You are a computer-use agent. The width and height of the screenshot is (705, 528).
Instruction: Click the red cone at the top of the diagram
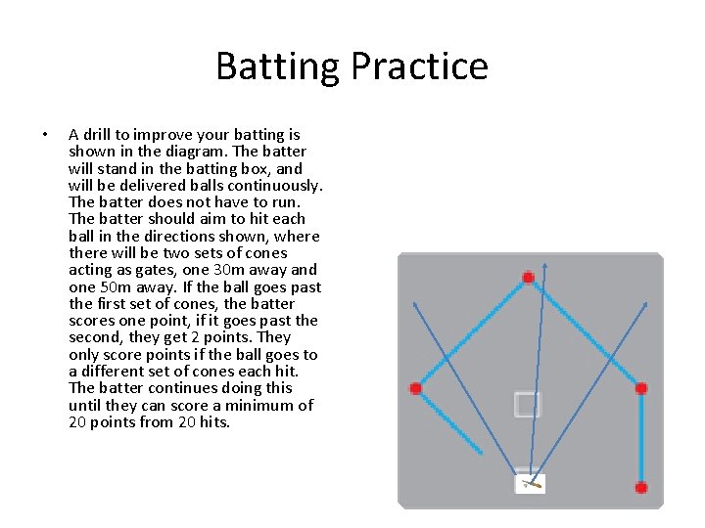(x=528, y=278)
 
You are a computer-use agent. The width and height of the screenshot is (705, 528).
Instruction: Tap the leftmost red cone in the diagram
(x=415, y=388)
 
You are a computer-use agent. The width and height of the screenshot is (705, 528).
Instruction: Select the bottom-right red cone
(x=641, y=487)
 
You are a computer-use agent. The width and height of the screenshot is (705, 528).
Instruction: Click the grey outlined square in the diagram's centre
(x=527, y=404)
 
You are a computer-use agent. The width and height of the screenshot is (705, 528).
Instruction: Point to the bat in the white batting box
(x=532, y=483)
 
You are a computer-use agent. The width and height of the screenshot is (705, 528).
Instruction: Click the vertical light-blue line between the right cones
(x=641, y=437)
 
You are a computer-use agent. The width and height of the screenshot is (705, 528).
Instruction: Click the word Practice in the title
(x=419, y=66)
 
